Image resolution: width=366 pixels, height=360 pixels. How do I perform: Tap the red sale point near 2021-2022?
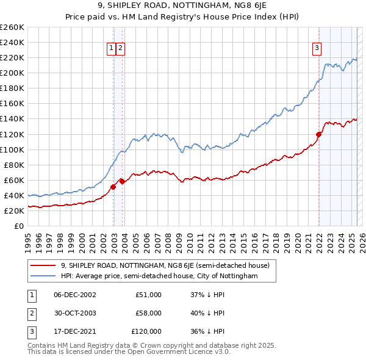318,134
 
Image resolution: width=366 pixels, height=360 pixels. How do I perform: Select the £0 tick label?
19,226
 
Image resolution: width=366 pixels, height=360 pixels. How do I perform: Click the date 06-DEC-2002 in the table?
74,295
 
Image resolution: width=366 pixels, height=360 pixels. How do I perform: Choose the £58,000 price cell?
148,313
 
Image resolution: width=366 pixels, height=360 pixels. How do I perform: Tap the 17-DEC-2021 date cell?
74,331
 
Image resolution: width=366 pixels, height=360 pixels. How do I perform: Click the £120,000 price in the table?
146,331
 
